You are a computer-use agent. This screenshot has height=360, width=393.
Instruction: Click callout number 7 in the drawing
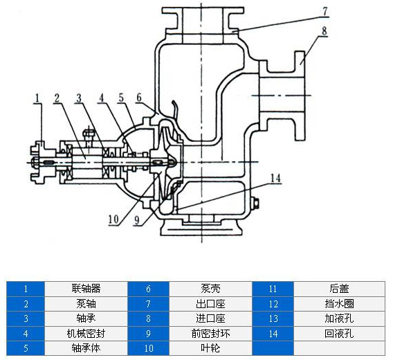(325, 11)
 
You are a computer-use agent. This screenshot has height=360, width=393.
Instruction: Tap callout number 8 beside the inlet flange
(325, 31)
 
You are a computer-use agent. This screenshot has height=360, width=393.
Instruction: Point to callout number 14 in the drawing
(275, 178)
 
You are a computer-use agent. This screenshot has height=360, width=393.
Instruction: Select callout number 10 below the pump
(113, 219)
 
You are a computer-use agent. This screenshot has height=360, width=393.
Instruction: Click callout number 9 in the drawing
(137, 220)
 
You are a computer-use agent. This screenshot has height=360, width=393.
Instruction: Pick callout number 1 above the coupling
(37, 98)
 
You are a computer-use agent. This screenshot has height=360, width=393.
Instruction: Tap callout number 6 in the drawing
(139, 98)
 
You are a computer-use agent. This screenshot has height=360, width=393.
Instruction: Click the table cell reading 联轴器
(86, 289)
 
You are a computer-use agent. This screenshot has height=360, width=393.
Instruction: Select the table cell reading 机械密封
(86, 334)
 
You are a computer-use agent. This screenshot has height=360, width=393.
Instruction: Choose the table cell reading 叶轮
(210, 348)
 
